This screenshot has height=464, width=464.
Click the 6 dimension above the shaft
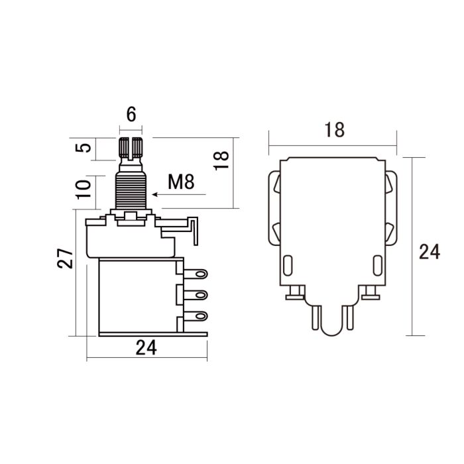tap(131, 114)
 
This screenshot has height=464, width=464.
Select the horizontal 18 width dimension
tap(335, 130)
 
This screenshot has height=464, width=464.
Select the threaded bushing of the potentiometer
tap(131, 188)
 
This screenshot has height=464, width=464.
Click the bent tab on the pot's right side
tap(194, 229)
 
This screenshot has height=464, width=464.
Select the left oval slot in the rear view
tap(287, 266)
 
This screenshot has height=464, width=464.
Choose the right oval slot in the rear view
tap(378, 266)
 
